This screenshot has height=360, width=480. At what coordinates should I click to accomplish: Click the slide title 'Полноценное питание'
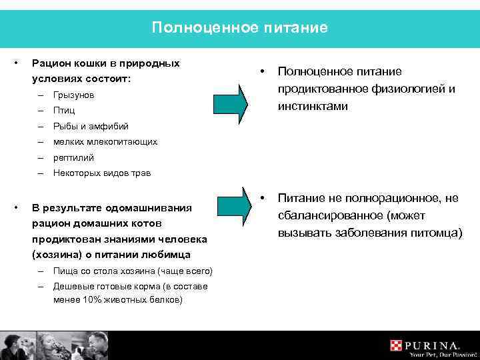[239, 27]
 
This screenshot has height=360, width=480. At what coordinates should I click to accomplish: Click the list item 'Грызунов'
[73, 95]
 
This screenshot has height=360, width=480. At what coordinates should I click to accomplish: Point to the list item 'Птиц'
[64, 111]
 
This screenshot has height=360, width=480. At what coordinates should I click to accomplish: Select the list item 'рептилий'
[73, 158]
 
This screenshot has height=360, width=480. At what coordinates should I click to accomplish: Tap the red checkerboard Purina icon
[397, 345]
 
